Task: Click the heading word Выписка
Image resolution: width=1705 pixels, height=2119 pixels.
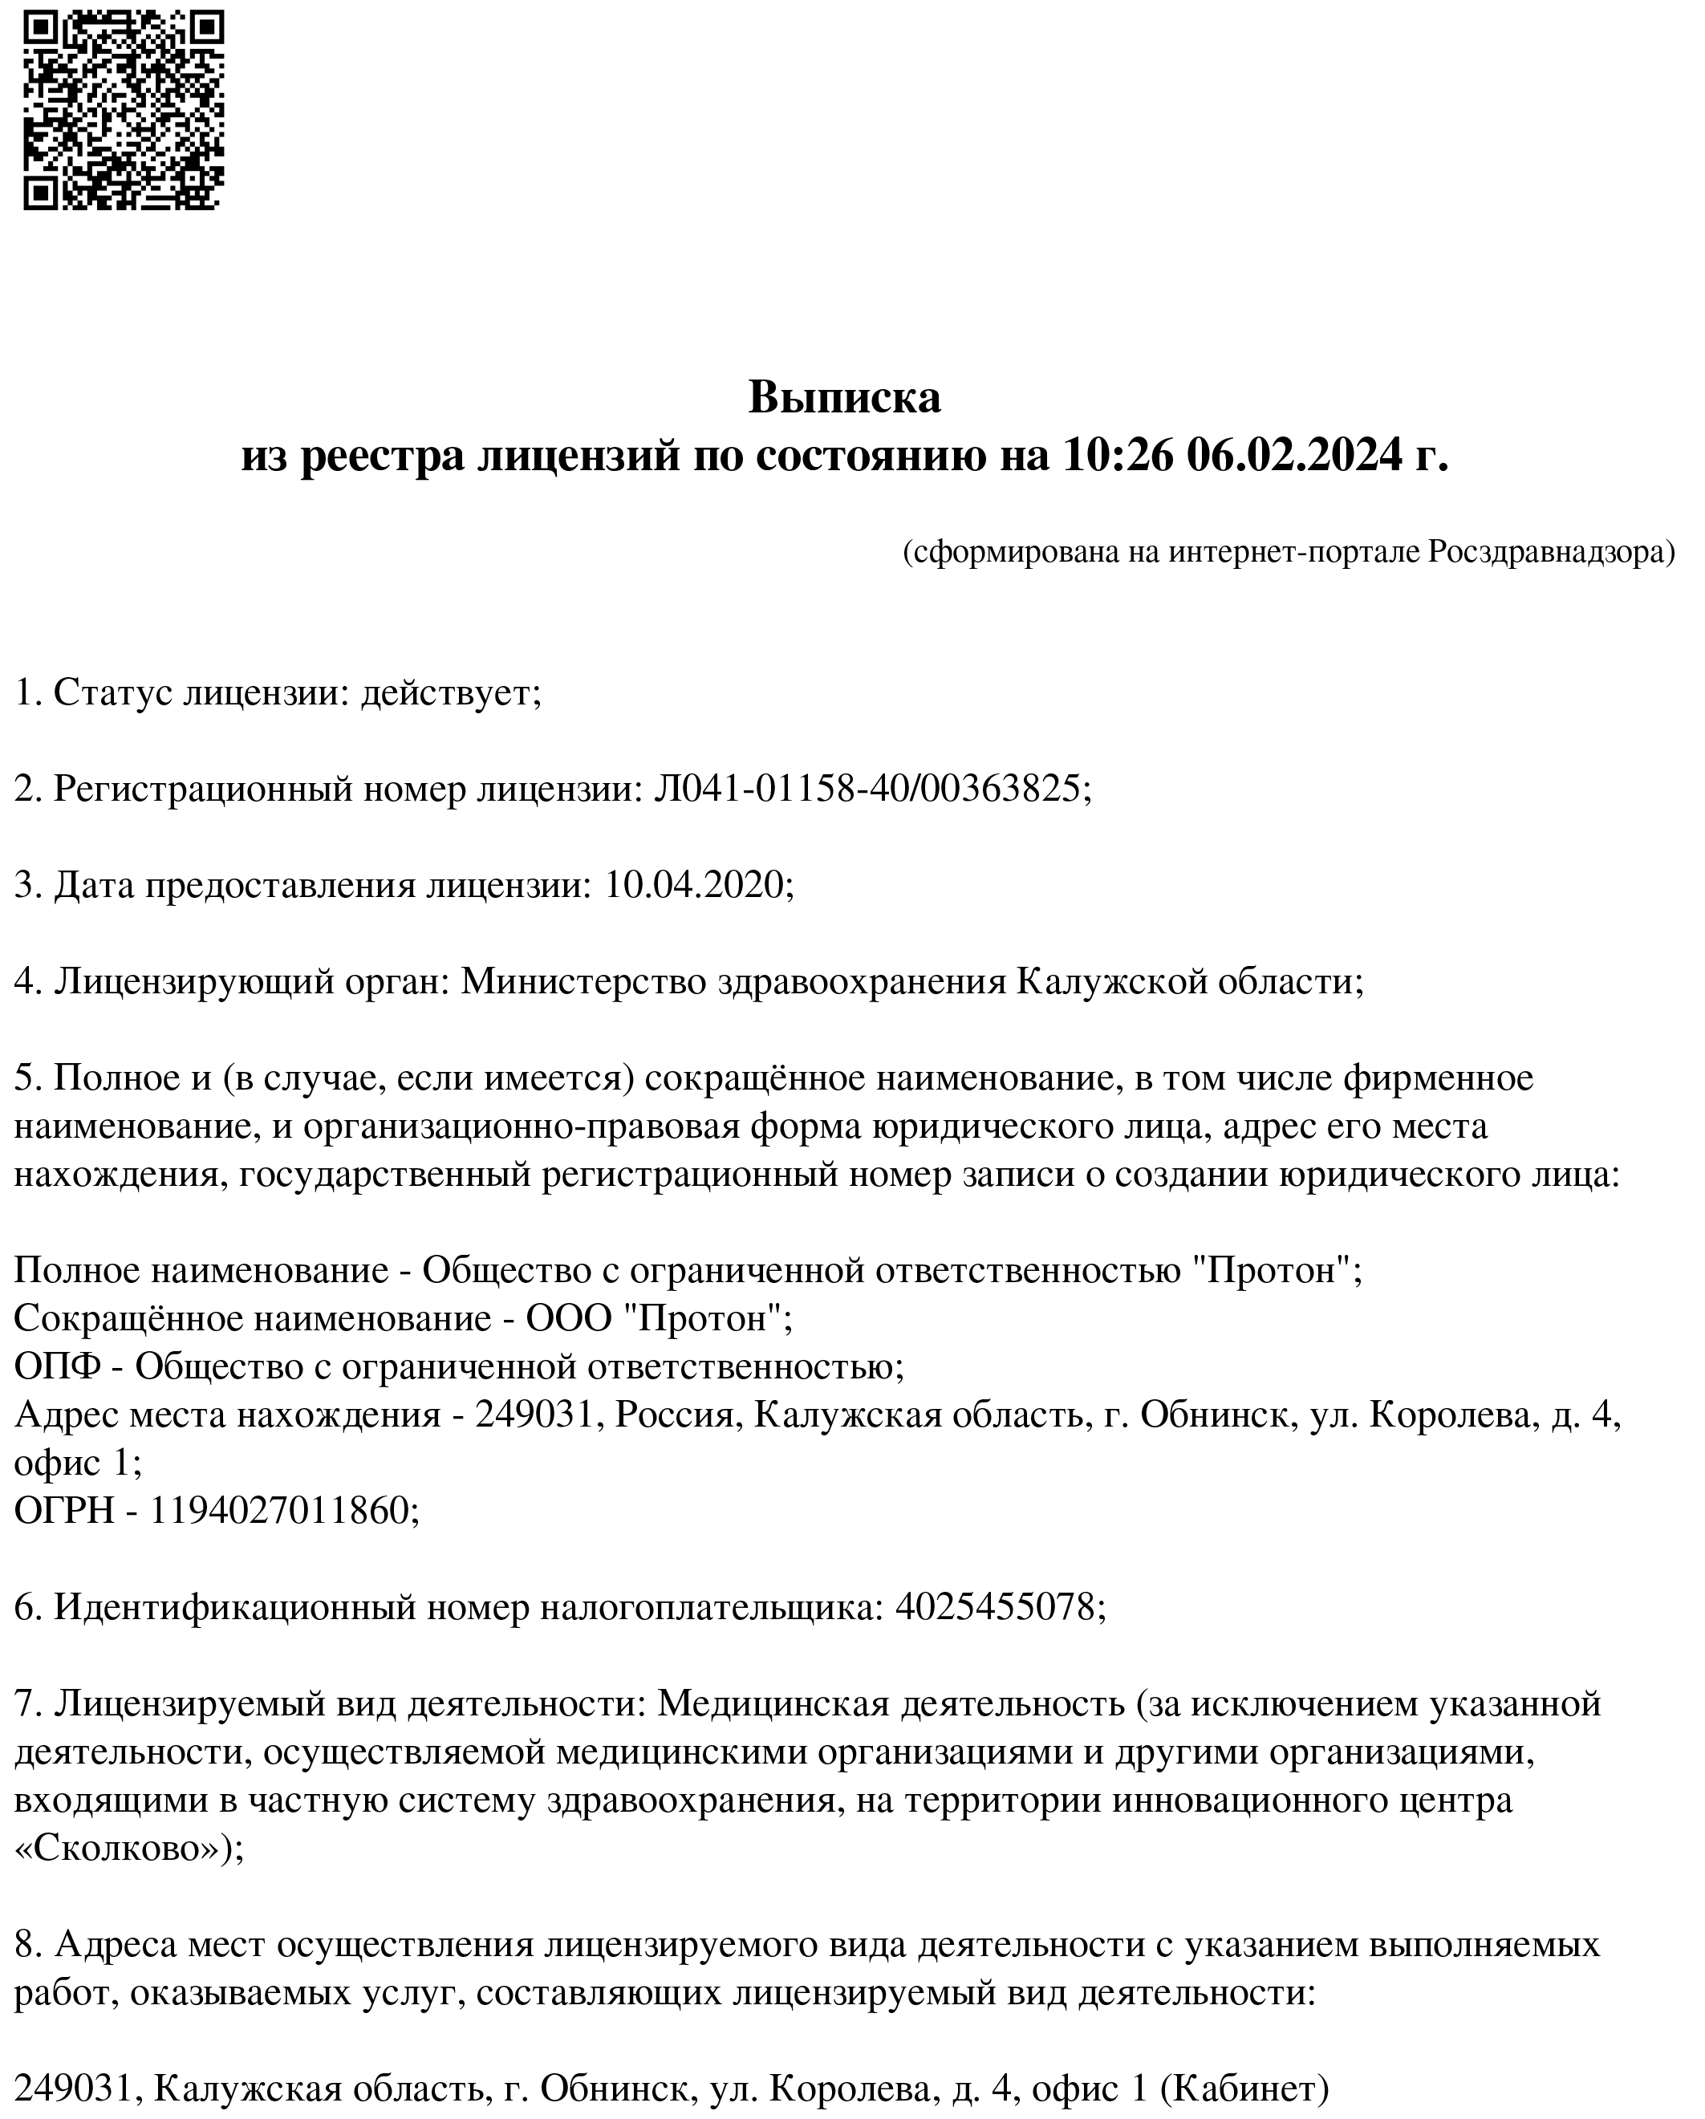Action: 844,397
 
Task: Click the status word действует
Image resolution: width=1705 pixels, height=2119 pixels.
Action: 451,693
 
